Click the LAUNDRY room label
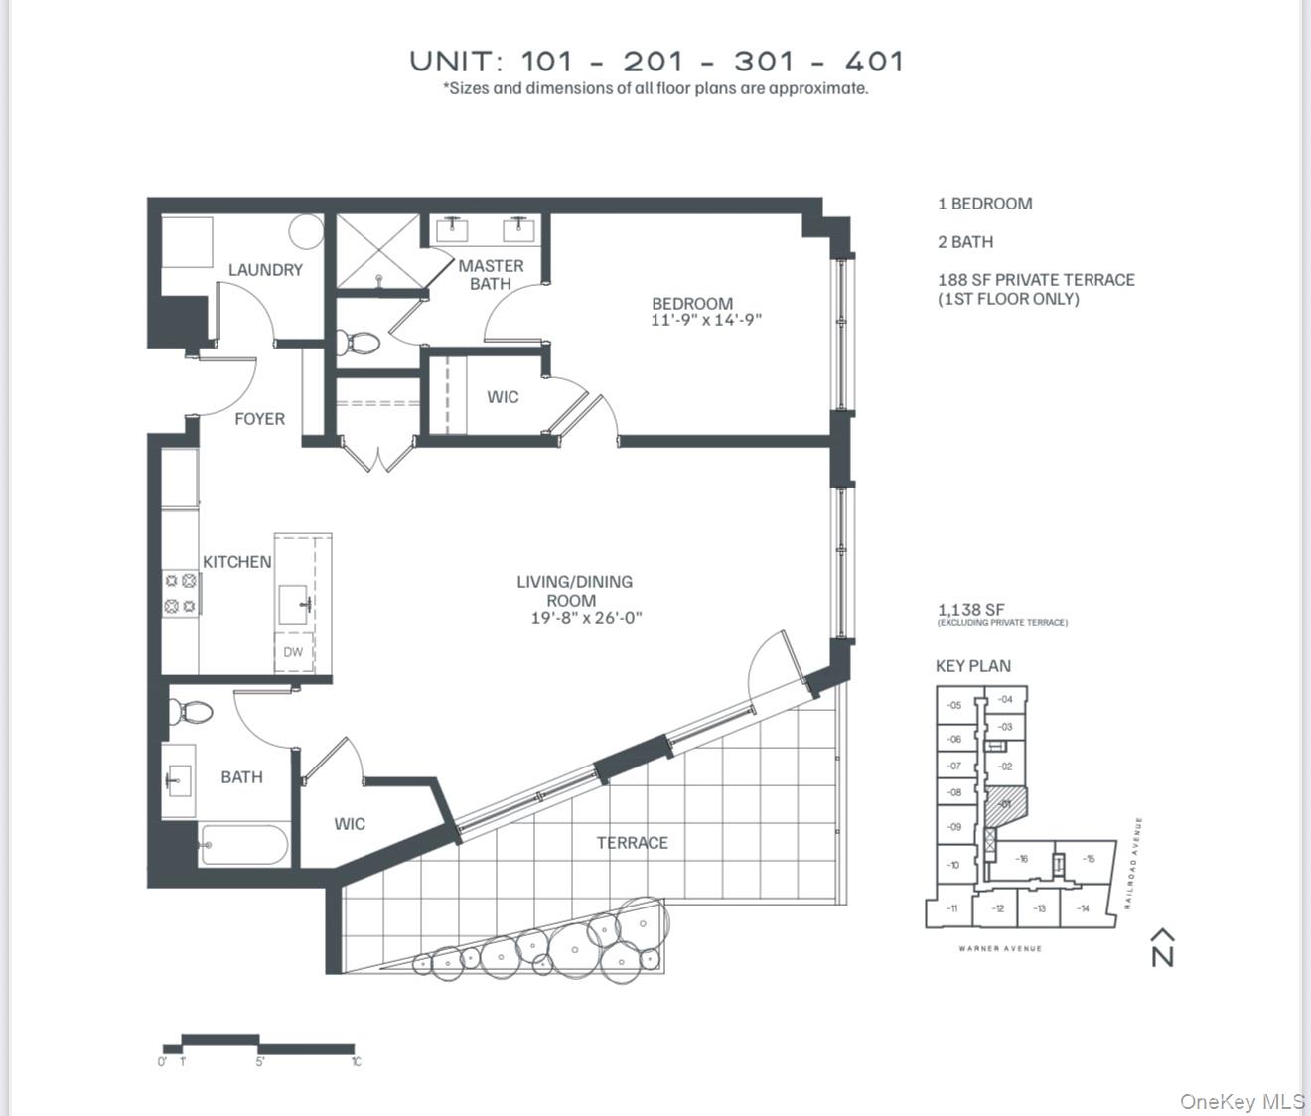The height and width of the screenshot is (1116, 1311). (x=265, y=270)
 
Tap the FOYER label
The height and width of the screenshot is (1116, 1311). (x=259, y=419)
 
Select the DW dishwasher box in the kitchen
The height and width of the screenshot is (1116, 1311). (x=293, y=652)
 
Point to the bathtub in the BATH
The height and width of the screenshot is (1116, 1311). (x=244, y=846)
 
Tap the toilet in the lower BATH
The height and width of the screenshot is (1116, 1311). (x=192, y=712)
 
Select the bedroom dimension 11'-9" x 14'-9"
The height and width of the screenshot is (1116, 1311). (x=706, y=321)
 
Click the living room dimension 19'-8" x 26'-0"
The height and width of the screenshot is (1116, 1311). (x=586, y=618)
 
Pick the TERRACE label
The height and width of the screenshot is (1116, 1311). (x=632, y=843)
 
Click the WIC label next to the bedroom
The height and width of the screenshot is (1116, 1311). (x=503, y=397)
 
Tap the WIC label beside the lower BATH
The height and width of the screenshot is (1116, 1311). (x=350, y=824)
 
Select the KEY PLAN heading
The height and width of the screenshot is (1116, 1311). (x=972, y=666)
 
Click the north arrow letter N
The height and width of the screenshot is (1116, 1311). (x=1162, y=955)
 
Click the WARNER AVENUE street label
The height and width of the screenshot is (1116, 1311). (x=1000, y=949)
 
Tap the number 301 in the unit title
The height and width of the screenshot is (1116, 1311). (x=765, y=62)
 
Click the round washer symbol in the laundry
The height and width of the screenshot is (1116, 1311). (x=307, y=232)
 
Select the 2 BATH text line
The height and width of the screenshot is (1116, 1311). (x=964, y=242)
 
